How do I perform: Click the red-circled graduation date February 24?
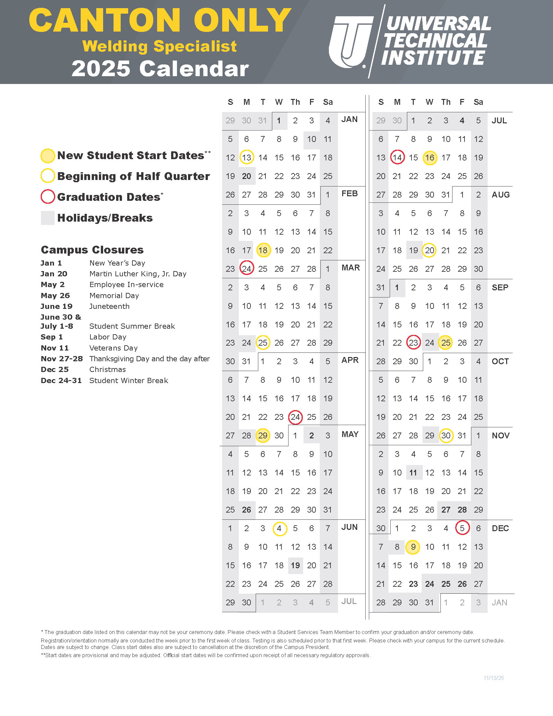246,269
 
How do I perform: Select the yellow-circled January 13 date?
246,158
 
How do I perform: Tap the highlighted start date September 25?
446,343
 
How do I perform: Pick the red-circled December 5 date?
462,528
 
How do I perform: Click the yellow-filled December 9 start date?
413,547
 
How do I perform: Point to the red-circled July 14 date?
397,158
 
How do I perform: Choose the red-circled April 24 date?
295,417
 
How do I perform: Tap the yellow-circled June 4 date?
279,528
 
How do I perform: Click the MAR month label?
351,268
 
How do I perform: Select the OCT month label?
500,361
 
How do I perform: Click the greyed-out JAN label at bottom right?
499,602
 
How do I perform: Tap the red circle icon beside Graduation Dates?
47,197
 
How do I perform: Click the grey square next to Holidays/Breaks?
47,218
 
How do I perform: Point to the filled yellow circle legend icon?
47,156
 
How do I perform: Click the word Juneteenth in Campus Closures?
109,306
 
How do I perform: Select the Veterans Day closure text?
113,348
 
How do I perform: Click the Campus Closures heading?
92,250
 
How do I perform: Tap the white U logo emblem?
351,42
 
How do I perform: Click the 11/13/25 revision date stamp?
493,678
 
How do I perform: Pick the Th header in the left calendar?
295,102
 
